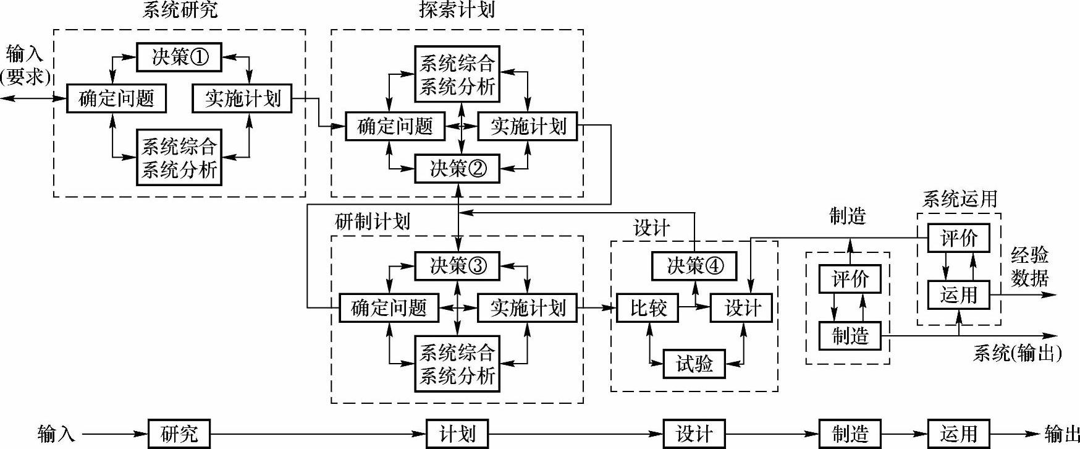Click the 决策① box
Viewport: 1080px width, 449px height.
coord(179,57)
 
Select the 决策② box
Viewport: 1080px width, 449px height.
coord(457,168)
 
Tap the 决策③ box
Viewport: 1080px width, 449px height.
coord(457,266)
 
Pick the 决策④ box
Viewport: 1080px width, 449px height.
coord(694,266)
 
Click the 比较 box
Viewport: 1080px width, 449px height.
coord(648,307)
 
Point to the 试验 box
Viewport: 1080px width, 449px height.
coord(694,364)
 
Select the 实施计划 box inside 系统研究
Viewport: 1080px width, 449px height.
coord(242,98)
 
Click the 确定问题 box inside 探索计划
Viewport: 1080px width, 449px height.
coord(395,126)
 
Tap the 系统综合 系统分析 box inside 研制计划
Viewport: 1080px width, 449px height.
coord(457,364)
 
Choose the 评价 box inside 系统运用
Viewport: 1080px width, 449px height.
coord(959,237)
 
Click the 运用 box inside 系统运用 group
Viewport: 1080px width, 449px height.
coord(959,295)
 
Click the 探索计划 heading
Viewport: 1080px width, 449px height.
coord(457,10)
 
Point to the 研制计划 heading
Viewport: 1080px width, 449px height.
coord(372,221)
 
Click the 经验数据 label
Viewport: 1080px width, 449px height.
coord(1029,267)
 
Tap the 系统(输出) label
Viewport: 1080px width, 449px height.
coord(1017,353)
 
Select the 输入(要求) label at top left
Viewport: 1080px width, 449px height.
coord(25,66)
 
